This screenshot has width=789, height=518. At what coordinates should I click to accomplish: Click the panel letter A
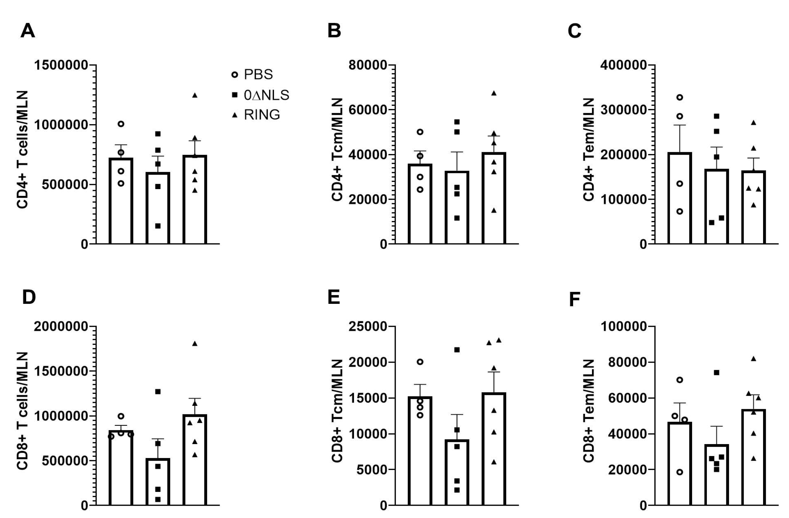tap(28, 31)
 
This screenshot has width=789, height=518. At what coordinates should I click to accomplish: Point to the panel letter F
tap(574, 300)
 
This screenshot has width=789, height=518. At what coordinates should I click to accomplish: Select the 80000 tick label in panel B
tap(368, 65)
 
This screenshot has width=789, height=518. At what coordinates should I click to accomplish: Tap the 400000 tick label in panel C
tap(623, 65)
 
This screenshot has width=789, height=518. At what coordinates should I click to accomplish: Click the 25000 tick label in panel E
tap(368, 327)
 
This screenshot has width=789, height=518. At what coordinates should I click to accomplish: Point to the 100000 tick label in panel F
tap(623, 327)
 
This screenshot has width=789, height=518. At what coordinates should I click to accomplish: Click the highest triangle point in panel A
tap(195, 95)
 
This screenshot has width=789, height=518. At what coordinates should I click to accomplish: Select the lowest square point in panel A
tap(158, 226)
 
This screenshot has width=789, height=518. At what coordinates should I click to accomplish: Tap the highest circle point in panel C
tap(680, 97)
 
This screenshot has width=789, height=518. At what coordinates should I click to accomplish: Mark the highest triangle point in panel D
tap(195, 344)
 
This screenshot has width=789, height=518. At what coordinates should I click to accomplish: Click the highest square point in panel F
tap(716, 373)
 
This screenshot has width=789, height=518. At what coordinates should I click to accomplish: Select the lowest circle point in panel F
tap(680, 472)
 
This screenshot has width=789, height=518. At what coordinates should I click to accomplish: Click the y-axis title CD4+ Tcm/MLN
tap(337, 149)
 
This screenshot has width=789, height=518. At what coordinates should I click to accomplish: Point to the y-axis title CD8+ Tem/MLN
tap(588, 411)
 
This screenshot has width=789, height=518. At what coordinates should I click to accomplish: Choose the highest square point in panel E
tap(457, 350)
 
